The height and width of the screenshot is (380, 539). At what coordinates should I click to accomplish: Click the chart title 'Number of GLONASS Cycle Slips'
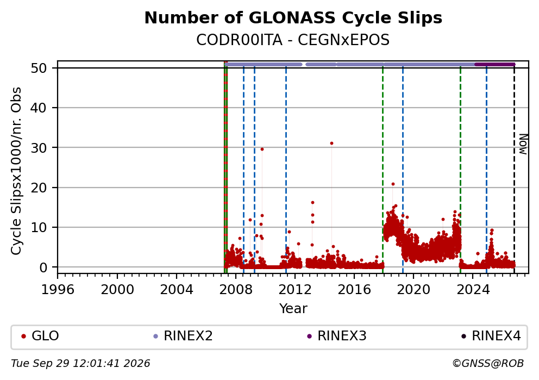pos(293,18)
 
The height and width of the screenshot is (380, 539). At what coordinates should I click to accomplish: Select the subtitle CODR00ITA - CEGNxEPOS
pos(293,40)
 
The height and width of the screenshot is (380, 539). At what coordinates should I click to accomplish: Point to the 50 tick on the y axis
pos(39,68)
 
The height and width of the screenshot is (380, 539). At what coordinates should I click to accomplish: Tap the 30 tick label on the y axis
pos(39,147)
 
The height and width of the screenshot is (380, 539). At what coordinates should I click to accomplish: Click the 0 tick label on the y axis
pos(43,267)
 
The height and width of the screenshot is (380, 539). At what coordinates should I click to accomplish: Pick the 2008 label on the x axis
pos(235,290)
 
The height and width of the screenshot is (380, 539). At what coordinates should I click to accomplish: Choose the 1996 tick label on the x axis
pos(58,290)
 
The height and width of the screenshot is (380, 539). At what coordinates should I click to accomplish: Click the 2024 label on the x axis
pos(472,290)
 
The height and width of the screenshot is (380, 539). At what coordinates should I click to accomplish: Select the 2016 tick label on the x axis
pos(354,290)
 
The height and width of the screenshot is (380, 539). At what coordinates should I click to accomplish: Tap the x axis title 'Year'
pos(293,308)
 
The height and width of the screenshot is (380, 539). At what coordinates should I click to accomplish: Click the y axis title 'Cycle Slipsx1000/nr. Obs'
pos(16,171)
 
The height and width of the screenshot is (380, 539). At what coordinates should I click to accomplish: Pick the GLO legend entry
pos(40,336)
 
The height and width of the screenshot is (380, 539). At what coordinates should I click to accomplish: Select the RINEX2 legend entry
pos(183,336)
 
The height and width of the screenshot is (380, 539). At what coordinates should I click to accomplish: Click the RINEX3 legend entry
pos(337,336)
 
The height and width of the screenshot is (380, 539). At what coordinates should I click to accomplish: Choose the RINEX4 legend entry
pos(491,336)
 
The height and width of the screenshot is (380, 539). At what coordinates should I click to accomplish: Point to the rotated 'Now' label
pos(523,144)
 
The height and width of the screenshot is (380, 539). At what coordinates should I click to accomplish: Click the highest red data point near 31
pos(331,144)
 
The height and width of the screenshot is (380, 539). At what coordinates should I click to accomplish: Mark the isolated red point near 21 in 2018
pos(393,184)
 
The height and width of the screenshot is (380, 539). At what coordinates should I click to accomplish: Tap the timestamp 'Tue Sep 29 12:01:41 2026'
pos(80,364)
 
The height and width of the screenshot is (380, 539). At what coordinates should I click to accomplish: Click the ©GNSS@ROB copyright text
pos(488,364)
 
